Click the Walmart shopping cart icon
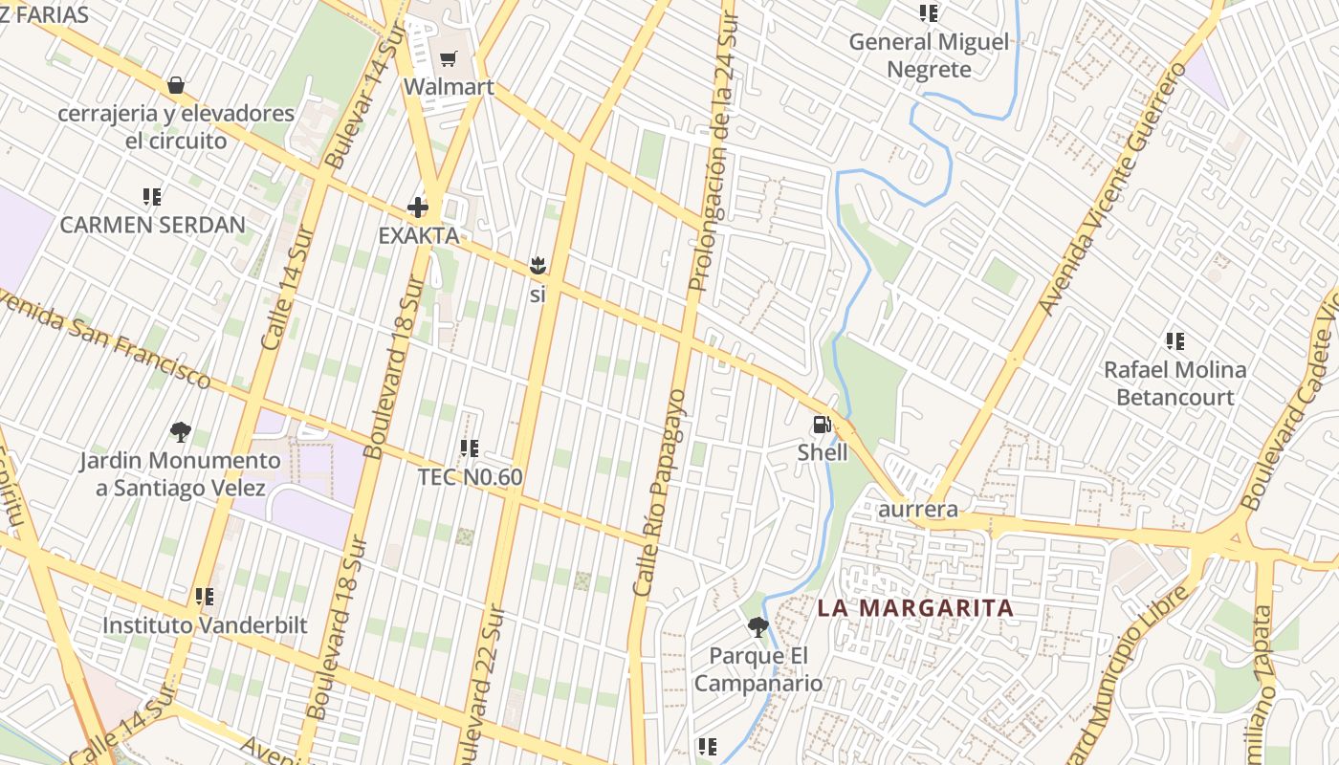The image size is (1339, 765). click(x=448, y=59)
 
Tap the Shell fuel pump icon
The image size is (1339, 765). click(x=822, y=425)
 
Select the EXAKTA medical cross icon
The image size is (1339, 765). click(x=418, y=207)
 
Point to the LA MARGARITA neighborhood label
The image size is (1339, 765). click(x=915, y=608)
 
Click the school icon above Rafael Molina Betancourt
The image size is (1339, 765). click(x=1175, y=341)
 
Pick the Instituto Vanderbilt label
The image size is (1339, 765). click(x=205, y=625)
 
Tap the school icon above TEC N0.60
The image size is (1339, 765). click(x=469, y=448)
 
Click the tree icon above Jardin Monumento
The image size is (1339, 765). click(x=180, y=432)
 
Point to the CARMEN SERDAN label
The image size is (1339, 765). click(x=153, y=225)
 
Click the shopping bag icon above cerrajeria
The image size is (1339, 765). click(x=176, y=85)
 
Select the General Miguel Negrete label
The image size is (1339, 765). click(x=929, y=55)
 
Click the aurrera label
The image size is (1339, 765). click(x=918, y=509)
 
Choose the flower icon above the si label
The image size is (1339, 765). click(x=537, y=265)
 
